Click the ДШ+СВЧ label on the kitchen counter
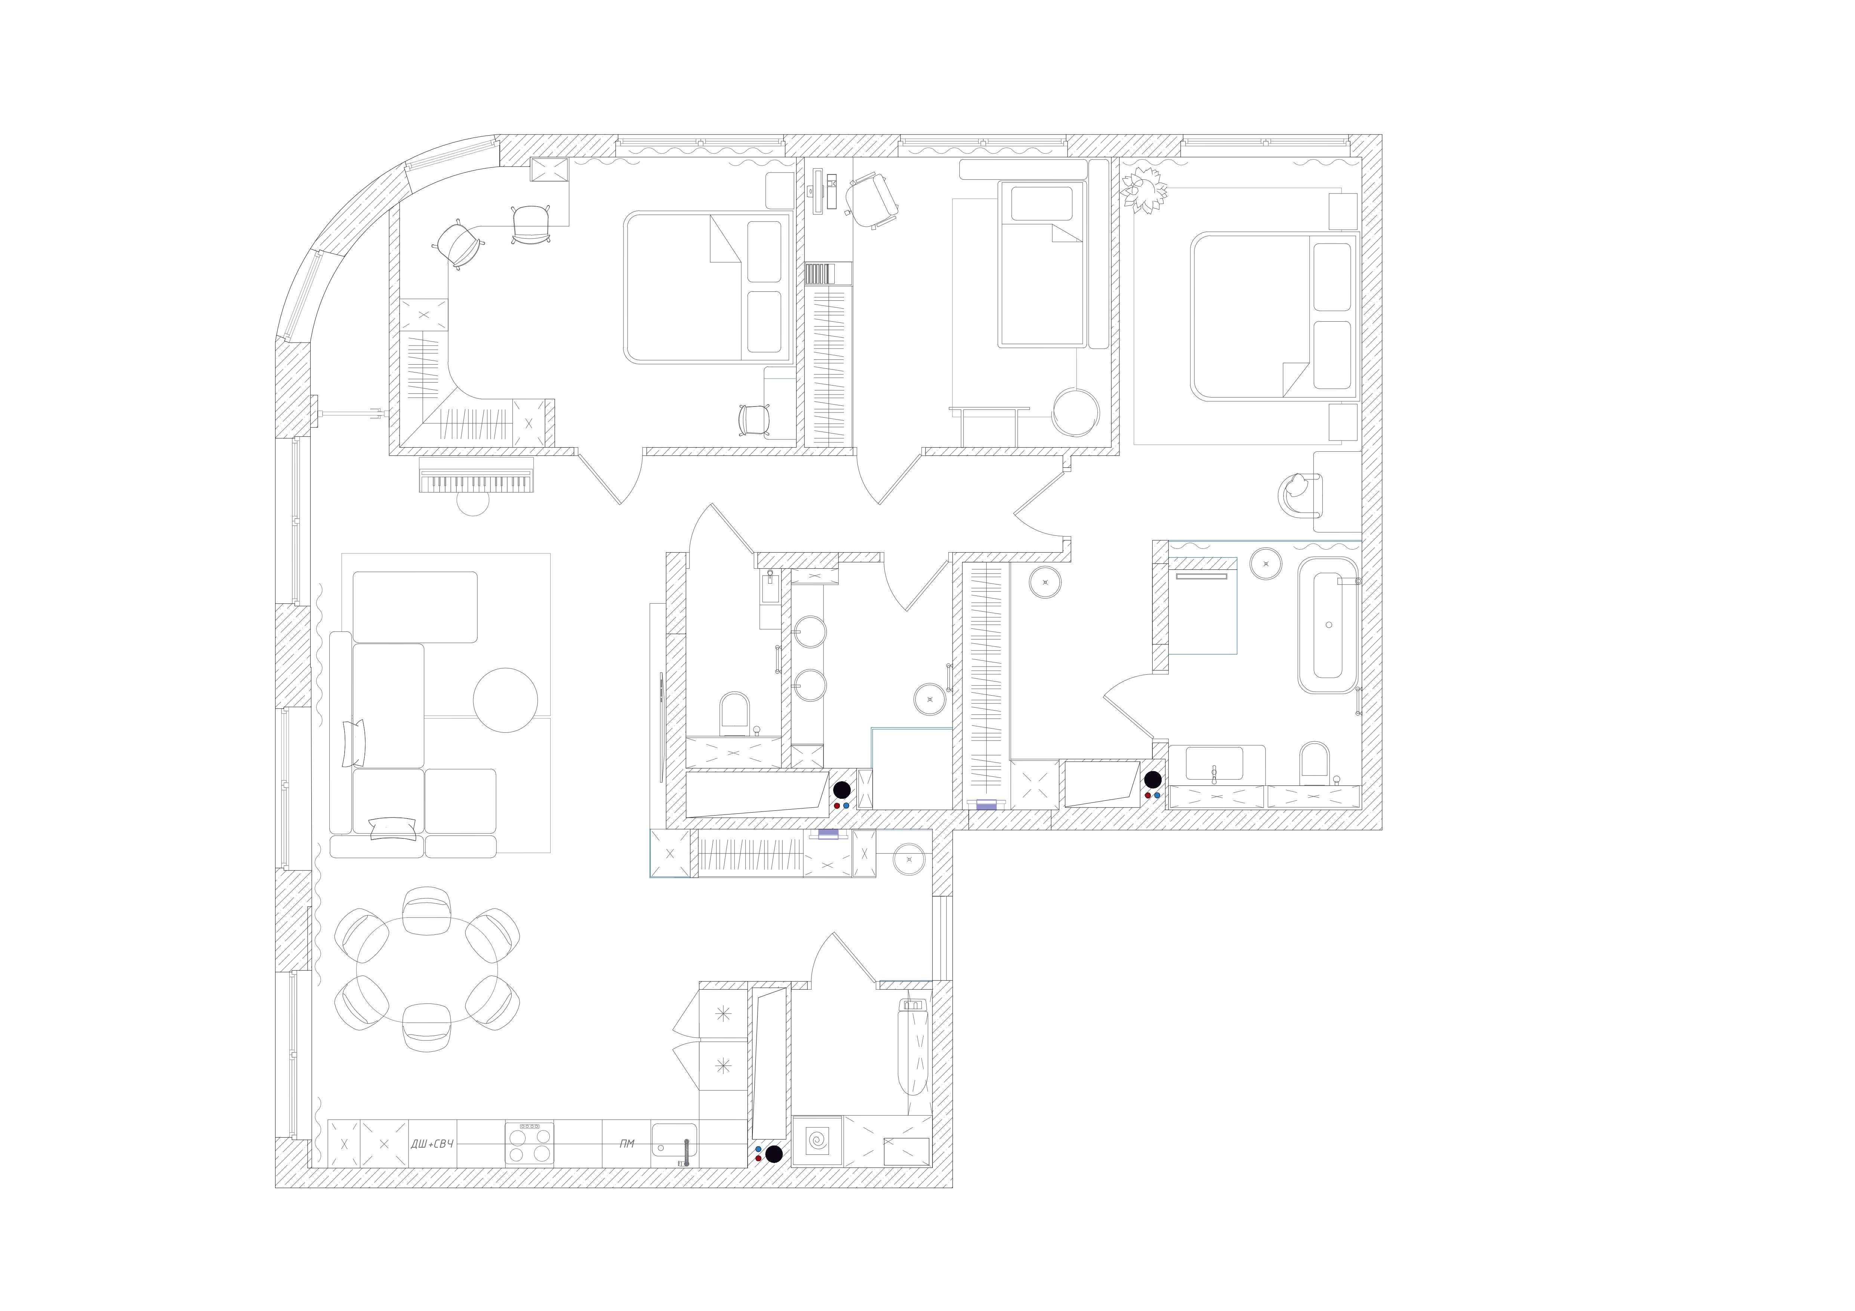tap(432, 1144)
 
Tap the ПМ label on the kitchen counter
tap(627, 1144)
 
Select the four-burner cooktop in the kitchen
tap(529, 1143)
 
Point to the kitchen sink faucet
tap(686, 1153)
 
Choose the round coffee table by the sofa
tap(505, 700)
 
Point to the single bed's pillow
tap(1042, 204)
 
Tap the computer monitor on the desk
tap(818, 191)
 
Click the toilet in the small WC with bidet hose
tap(735, 713)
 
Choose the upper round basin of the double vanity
tap(810, 632)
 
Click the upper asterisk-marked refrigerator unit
tap(723, 1014)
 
